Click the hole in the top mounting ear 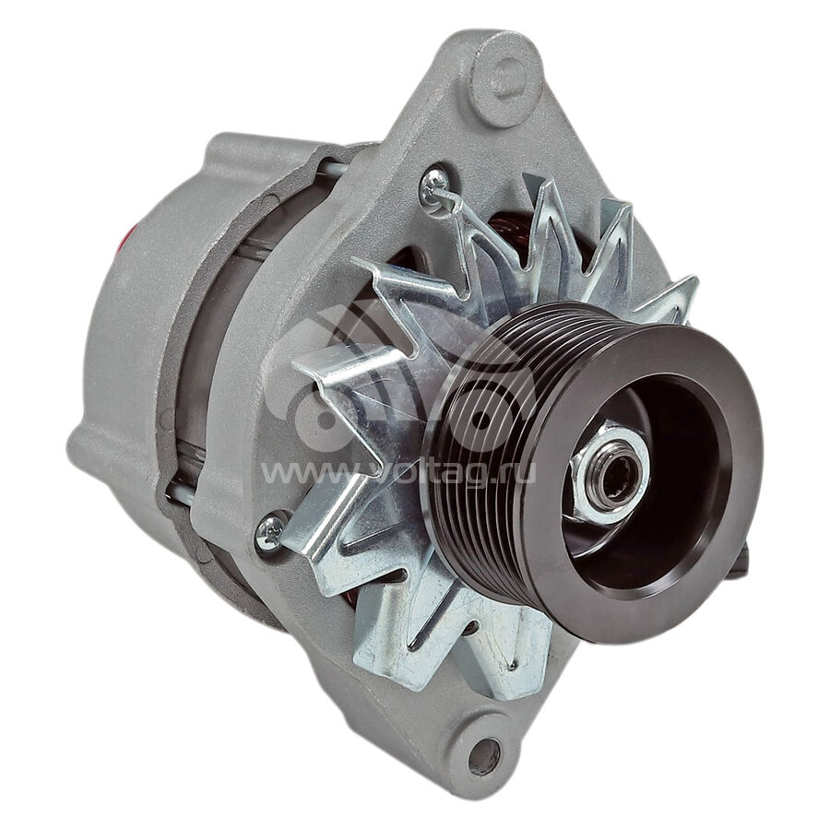(x=505, y=78)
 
